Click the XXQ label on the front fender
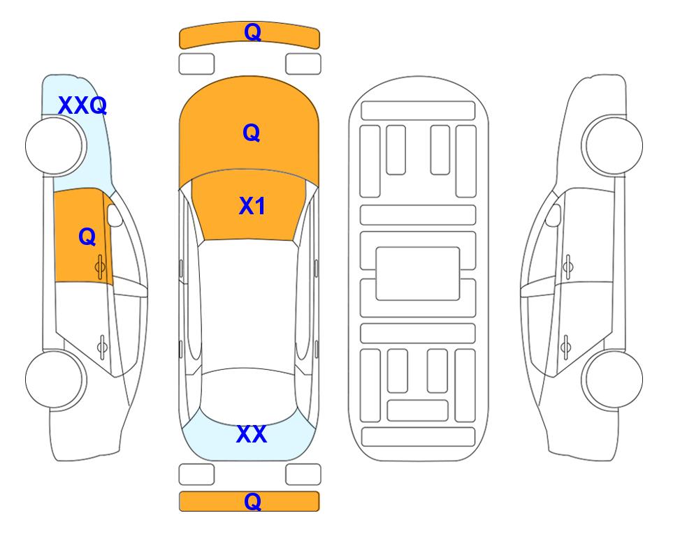[82, 105]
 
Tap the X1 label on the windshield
[252, 206]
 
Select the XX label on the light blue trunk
[252, 434]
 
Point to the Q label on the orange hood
[252, 133]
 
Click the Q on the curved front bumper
[252, 31]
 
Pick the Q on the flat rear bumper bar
[252, 501]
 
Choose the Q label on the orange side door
[87, 237]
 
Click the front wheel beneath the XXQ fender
[56, 146]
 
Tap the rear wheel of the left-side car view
[56, 379]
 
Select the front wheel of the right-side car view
[612, 146]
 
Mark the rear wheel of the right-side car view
[614, 379]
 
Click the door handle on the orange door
[101, 267]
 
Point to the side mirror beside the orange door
[115, 215]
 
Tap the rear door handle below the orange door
[102, 346]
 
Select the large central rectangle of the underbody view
[418, 274]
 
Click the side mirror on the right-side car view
[553, 215]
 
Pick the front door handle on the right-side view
[568, 267]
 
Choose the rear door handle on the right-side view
[566, 346]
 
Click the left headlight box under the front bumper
[196, 64]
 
